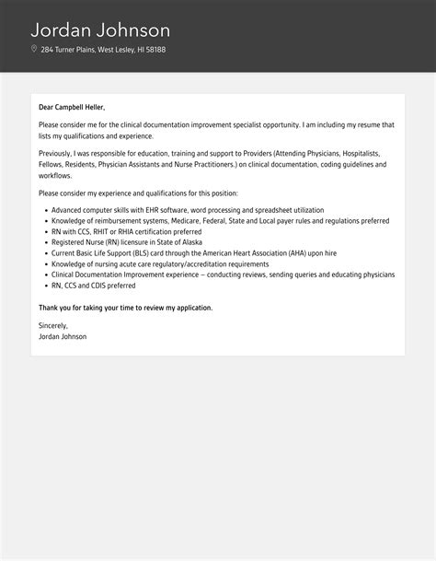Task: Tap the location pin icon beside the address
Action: click(34, 49)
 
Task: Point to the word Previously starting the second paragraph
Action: click(56, 154)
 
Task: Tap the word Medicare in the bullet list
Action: click(208, 221)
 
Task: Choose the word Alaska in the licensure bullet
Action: click(188, 242)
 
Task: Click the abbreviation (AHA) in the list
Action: click(304, 252)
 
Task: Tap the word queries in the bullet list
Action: click(310, 274)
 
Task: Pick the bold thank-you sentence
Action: click(125, 307)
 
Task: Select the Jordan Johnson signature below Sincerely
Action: click(63, 337)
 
